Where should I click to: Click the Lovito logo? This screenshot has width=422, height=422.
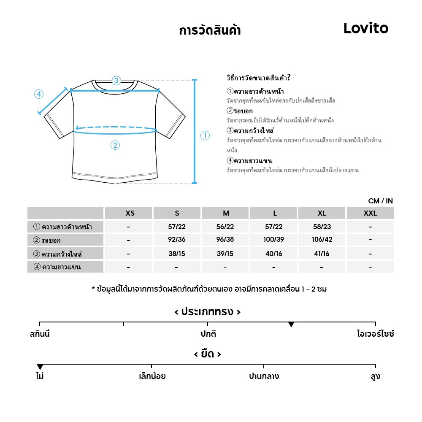(366, 28)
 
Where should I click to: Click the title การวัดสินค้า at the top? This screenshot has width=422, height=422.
(210, 31)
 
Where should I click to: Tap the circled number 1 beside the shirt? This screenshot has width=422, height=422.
(205, 136)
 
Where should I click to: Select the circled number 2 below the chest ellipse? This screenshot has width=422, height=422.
(115, 146)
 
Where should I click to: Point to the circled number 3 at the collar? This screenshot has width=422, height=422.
(116, 80)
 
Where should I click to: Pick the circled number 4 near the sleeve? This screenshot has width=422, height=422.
(39, 94)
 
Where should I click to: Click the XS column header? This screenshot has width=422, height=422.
(130, 213)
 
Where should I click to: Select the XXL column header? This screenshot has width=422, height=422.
(370, 213)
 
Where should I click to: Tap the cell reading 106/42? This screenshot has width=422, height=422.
(322, 240)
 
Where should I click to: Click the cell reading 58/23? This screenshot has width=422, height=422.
(322, 227)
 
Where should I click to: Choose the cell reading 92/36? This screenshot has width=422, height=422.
(177, 240)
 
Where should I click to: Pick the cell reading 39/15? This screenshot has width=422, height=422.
(225, 254)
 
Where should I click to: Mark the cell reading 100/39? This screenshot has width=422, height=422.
(273, 240)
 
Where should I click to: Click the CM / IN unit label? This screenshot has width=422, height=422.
(380, 201)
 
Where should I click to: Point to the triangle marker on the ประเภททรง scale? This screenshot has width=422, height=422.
(291, 325)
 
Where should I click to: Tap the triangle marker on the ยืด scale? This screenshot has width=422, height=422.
(40, 367)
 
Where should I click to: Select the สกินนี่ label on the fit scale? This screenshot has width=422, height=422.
(40, 334)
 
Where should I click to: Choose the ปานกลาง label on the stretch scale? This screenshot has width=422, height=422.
(264, 376)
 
